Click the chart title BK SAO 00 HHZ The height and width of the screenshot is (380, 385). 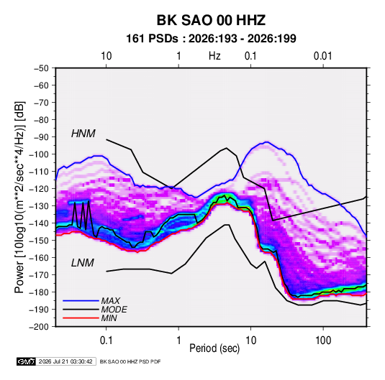[x=211, y=20]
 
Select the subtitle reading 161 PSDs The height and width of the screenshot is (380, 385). [x=152, y=39]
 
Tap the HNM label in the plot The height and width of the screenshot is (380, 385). [x=83, y=134]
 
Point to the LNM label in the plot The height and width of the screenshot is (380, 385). [x=83, y=263]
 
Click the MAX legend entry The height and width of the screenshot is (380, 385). [x=111, y=301]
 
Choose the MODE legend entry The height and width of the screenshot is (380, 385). [x=114, y=310]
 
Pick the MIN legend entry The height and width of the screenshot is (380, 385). [x=109, y=318]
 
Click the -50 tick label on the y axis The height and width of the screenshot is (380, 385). [x=41, y=68]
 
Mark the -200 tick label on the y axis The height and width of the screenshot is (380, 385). [x=39, y=327]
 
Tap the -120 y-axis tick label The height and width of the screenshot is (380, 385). [x=39, y=189]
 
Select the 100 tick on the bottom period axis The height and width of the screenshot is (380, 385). [x=323, y=340]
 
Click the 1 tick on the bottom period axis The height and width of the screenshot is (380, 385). [x=178, y=340]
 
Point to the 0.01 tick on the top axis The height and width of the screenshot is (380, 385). [x=322, y=56]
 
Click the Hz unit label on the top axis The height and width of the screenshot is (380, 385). [x=214, y=56]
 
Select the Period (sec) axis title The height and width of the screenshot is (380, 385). [x=214, y=348]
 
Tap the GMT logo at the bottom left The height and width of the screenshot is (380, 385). [x=27, y=361]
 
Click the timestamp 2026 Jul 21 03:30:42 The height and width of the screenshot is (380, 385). [x=65, y=361]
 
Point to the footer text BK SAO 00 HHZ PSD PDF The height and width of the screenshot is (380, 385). [x=130, y=361]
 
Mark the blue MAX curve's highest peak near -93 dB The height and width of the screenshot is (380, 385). [x=267, y=142]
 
